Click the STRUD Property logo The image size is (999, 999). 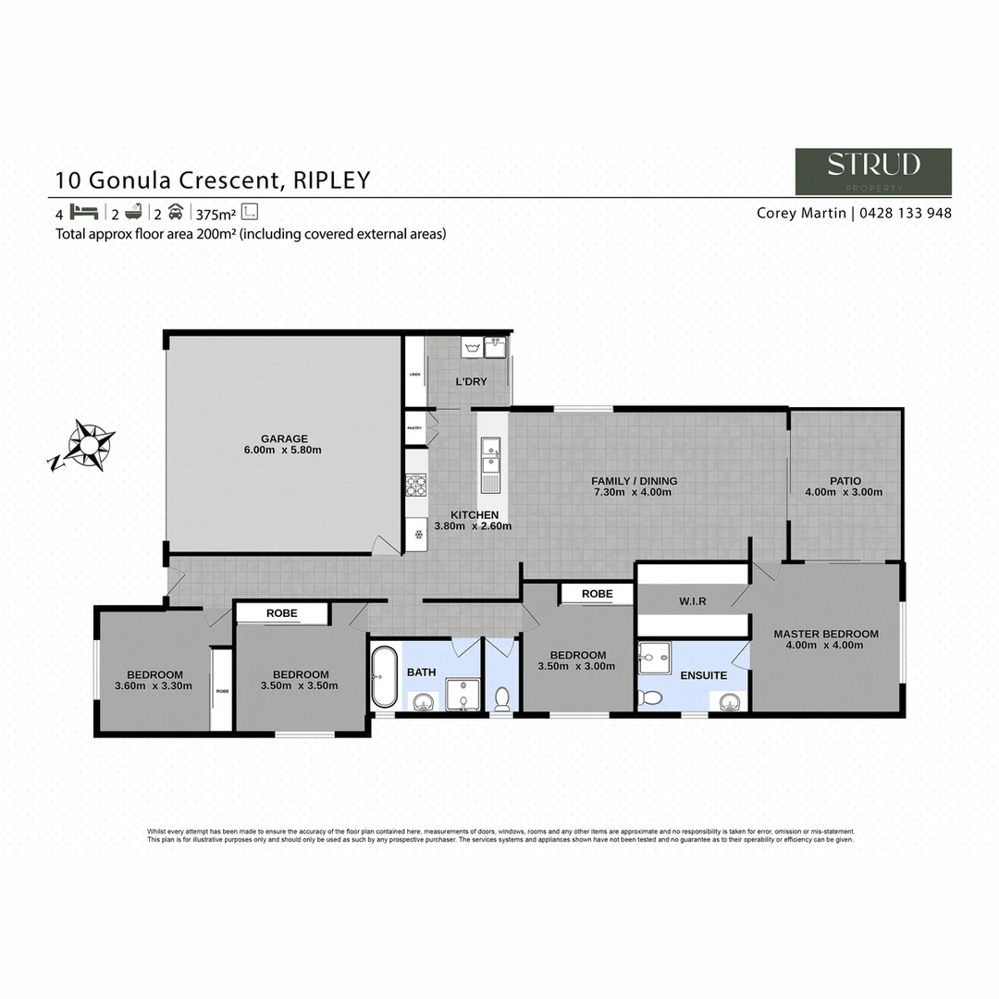click(873, 171)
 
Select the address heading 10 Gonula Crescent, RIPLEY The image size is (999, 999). click(213, 179)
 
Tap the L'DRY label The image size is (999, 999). click(471, 381)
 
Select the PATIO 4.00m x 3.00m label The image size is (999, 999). click(845, 487)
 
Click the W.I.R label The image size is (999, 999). click(692, 601)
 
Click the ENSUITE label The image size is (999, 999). click(703, 675)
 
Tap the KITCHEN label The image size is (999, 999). click(475, 515)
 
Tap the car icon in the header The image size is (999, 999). click(175, 212)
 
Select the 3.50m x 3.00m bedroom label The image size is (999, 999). click(576, 660)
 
